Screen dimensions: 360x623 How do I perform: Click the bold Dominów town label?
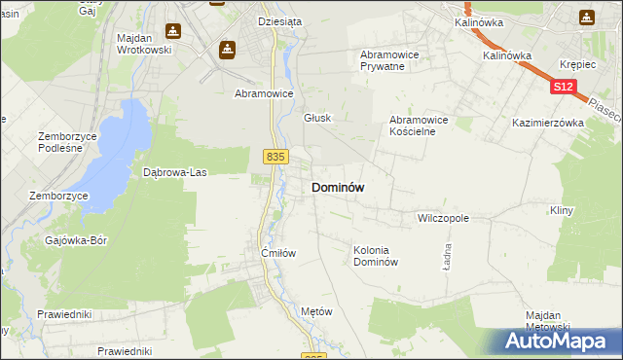point(338,188)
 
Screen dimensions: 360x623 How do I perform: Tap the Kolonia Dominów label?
point(376,256)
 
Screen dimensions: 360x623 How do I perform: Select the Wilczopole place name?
point(443,219)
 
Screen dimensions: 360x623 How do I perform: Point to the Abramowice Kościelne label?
point(418,126)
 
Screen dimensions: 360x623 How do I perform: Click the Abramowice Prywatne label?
point(389,61)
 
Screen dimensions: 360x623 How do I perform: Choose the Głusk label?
point(317,118)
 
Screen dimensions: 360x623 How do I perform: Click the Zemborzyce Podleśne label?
point(70,142)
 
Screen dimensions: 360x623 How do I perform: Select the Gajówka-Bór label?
point(76,239)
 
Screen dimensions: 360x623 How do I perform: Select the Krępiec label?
point(577,62)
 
